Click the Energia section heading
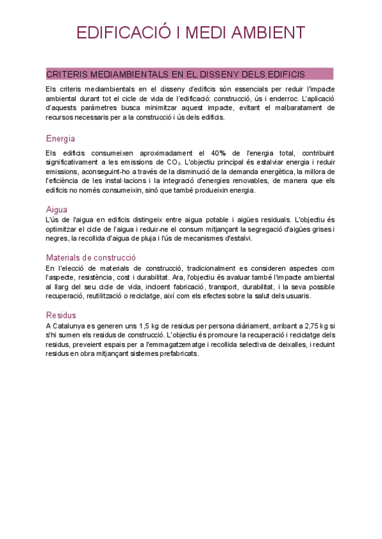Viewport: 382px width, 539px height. (x=60, y=139)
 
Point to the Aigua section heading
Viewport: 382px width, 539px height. (x=57, y=209)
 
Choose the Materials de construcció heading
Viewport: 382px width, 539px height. (x=91, y=257)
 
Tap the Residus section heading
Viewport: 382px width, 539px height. (x=61, y=315)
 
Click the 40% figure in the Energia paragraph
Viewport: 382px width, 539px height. (x=220, y=153)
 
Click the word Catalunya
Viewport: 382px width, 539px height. (x=71, y=325)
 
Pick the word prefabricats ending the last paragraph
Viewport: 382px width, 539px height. (x=180, y=353)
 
